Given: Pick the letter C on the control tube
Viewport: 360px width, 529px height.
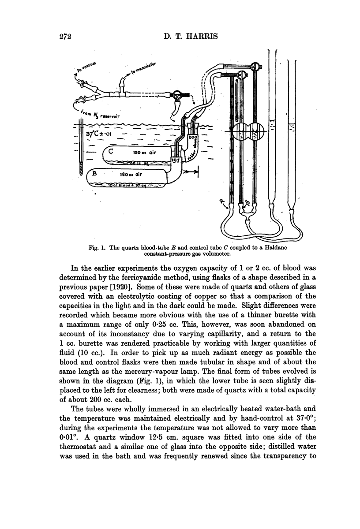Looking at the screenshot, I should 112,152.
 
